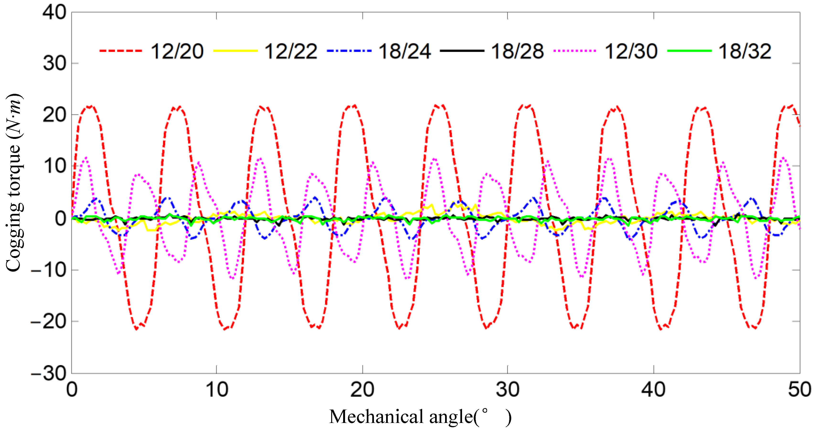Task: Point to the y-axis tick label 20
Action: [54, 115]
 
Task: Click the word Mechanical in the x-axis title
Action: [376, 417]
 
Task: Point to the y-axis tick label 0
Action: [60, 219]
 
